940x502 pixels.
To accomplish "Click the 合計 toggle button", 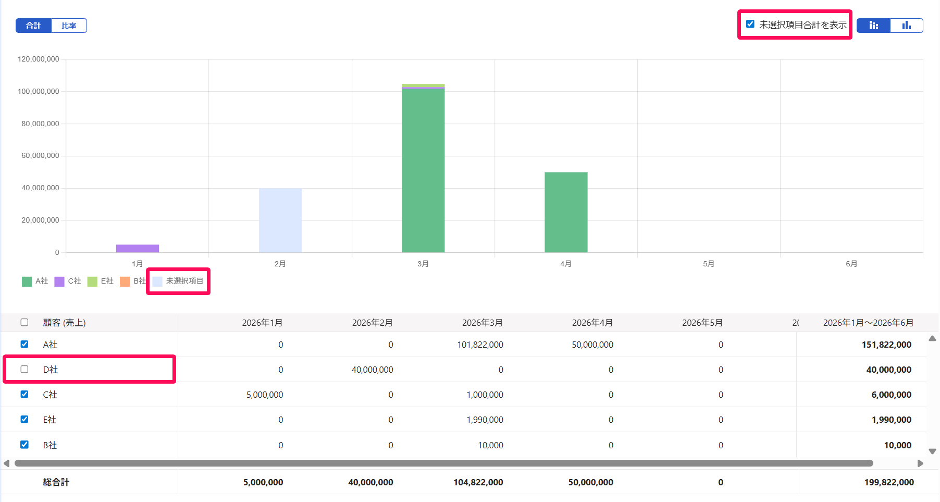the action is click(33, 26).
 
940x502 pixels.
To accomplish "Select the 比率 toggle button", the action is click(69, 26).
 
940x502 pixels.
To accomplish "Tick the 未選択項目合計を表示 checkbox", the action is click(750, 24).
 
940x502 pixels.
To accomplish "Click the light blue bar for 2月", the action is click(280, 221).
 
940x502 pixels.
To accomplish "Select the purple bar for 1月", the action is click(138, 249).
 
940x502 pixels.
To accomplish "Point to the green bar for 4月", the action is click(566, 212).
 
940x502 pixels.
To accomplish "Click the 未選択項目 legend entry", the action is click(178, 281).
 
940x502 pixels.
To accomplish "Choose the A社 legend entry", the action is click(35, 281).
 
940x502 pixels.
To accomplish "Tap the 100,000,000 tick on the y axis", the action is click(39, 92).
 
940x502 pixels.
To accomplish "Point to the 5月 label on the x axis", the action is click(709, 264).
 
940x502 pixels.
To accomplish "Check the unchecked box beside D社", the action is click(24, 369).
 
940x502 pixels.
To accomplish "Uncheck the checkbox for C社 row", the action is click(24, 394).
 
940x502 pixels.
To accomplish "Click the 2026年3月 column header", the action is click(483, 323).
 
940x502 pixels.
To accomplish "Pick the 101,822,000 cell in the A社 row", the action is click(480, 345).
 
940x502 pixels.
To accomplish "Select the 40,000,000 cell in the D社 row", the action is click(373, 370).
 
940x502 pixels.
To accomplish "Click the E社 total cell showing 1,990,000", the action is click(892, 420).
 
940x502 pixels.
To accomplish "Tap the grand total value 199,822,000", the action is click(889, 482).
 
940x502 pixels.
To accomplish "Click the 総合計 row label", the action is click(56, 482).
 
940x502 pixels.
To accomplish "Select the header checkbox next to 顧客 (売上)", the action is click(24, 322).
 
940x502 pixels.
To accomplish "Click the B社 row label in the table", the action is click(50, 445).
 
